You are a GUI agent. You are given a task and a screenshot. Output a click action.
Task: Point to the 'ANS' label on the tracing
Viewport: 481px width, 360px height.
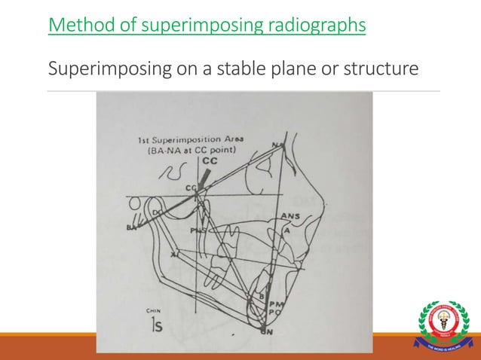[290, 216]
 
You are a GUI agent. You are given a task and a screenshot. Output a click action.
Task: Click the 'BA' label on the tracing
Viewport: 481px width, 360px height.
[133, 227]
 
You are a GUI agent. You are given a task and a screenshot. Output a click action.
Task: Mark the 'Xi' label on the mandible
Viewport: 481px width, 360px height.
[175, 255]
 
